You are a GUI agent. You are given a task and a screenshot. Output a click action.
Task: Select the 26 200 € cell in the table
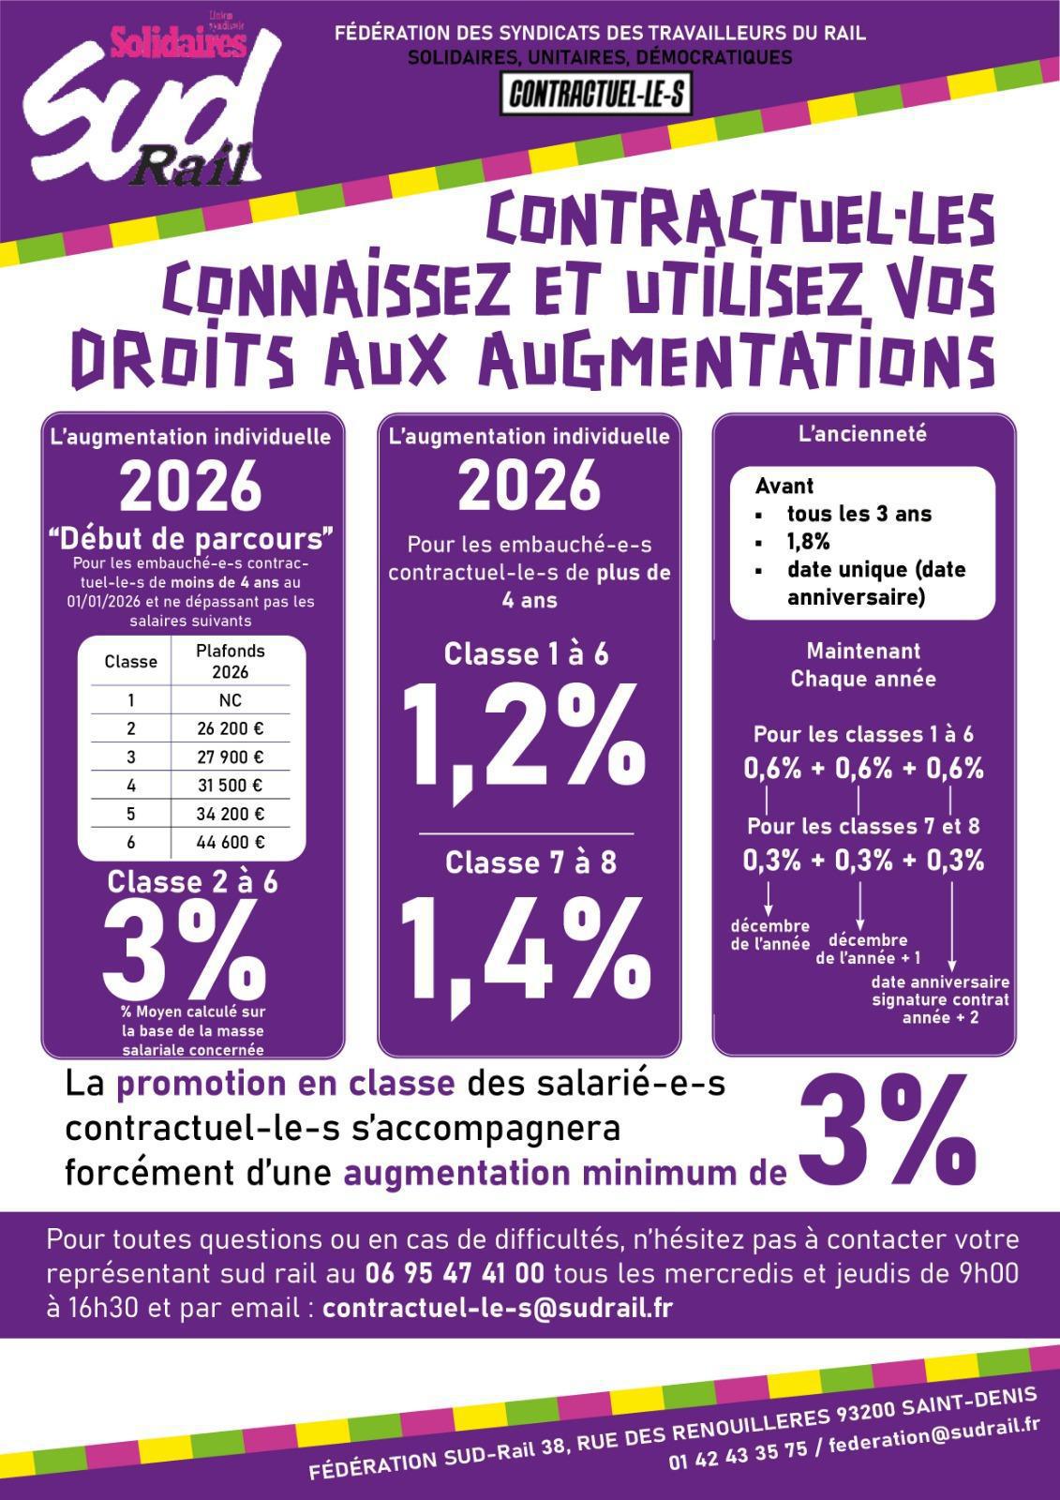pyautogui.click(x=231, y=728)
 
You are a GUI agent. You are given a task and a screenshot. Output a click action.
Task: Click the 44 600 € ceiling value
pyautogui.click(x=231, y=842)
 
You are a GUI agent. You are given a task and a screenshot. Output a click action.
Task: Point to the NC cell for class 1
pyautogui.click(x=231, y=700)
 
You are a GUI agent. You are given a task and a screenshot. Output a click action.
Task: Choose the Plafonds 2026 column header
pyautogui.click(x=231, y=661)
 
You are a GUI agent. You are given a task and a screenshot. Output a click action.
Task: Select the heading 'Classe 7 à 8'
pyautogui.click(x=530, y=862)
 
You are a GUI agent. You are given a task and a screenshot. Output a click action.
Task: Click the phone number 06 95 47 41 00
pyautogui.click(x=455, y=1274)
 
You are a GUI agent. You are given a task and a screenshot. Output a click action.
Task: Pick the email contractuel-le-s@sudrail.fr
pyautogui.click(x=497, y=1308)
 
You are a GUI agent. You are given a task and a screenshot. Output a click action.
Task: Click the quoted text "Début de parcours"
pyautogui.click(x=192, y=539)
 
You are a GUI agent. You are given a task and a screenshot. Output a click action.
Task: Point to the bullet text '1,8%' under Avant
pyautogui.click(x=808, y=542)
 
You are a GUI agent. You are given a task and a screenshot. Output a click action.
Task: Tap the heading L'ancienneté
pyautogui.click(x=862, y=434)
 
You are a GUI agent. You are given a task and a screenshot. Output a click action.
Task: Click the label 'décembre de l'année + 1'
pyautogui.click(x=868, y=949)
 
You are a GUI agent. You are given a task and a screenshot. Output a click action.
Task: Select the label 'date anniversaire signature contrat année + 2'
pyautogui.click(x=940, y=999)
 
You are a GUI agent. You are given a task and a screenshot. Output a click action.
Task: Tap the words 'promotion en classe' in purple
pyautogui.click(x=285, y=1084)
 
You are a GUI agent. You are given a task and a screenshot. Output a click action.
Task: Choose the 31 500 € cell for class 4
pyautogui.click(x=231, y=786)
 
